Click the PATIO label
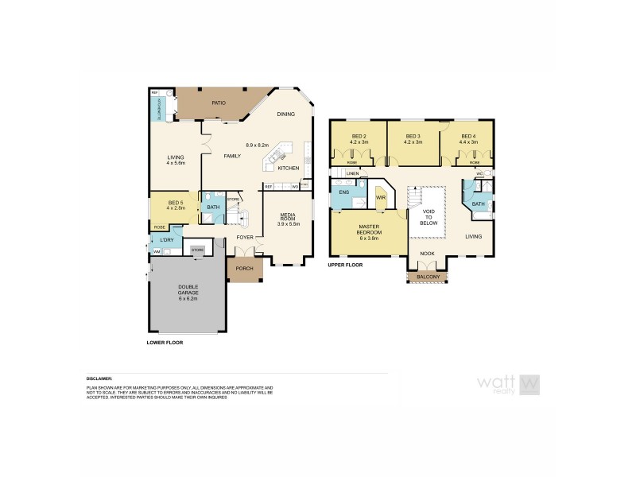click(219, 103)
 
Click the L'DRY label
click(166, 240)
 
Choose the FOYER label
click(244, 237)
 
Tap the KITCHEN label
click(288, 169)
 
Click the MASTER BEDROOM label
click(368, 230)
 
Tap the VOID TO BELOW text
click(429, 217)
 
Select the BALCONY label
click(428, 277)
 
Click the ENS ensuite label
click(344, 192)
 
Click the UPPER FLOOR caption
click(344, 264)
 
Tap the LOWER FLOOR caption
click(165, 342)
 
